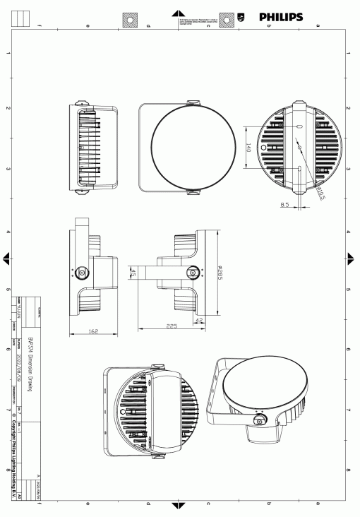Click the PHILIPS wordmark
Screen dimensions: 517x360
(x=281, y=16)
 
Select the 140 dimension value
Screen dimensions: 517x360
(x=249, y=148)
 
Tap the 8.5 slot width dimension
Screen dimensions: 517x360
(x=284, y=205)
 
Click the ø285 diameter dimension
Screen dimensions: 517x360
(x=221, y=270)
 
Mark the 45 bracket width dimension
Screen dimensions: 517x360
(x=132, y=272)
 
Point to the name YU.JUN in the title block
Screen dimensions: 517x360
(x=20, y=311)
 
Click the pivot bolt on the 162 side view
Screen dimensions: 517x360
(x=81, y=272)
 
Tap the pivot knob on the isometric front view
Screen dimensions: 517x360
(x=260, y=422)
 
